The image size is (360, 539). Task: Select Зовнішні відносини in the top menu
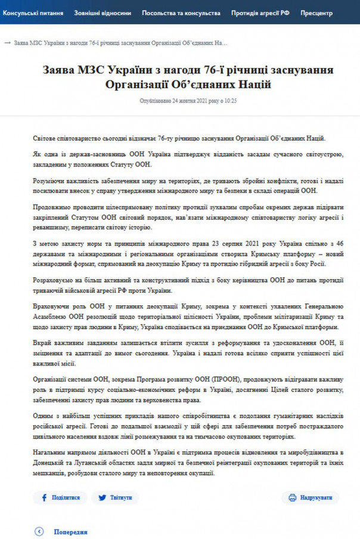point(103,12)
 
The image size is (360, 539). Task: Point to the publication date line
point(188,101)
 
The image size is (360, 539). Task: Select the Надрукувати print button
point(310,497)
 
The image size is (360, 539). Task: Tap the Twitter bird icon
point(103,497)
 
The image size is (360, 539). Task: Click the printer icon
point(293,497)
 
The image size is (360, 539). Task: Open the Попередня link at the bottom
point(70,532)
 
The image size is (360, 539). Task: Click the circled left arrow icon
point(40,532)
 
